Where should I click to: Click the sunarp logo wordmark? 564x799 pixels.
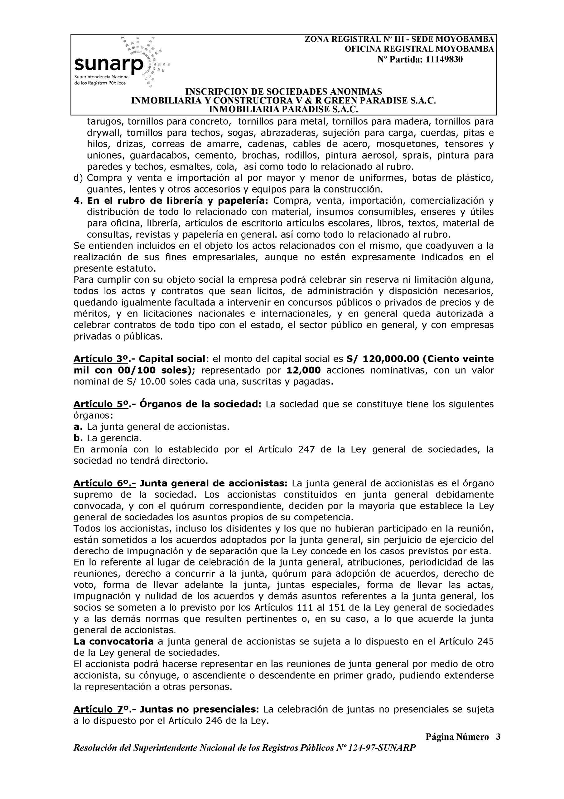click(x=108, y=64)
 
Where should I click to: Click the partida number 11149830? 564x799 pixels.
click(x=444, y=60)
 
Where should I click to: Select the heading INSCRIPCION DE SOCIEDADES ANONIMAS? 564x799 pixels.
click(x=283, y=91)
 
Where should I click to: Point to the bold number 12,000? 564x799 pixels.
click(x=304, y=370)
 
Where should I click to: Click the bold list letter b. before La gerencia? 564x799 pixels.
click(x=78, y=438)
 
